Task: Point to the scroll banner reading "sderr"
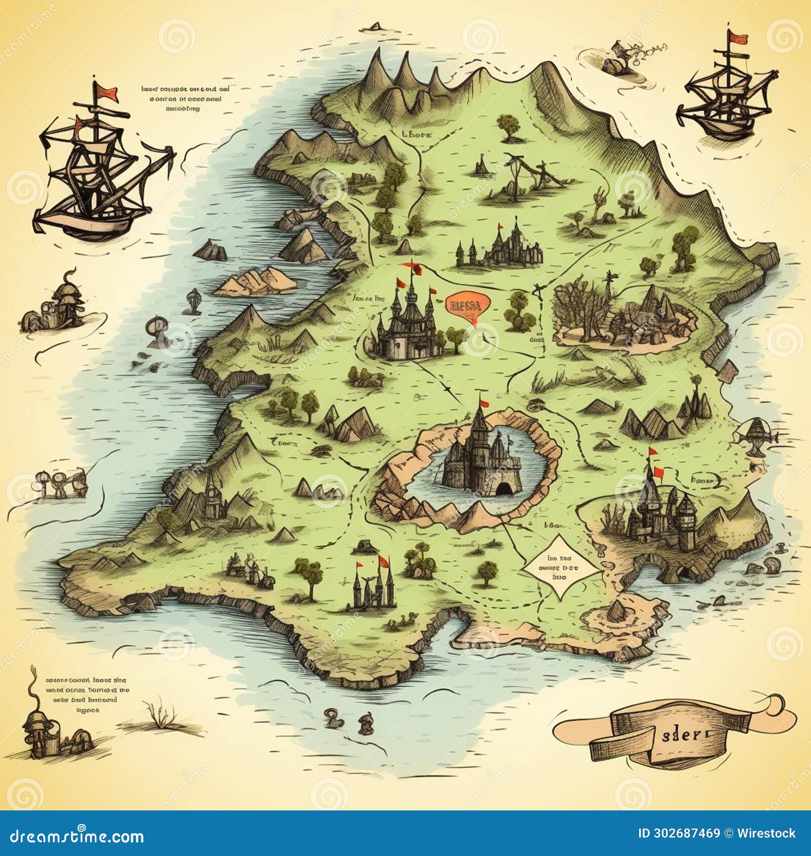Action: coord(679,735)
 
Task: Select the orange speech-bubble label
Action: coord(466,305)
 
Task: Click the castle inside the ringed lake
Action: coord(479,456)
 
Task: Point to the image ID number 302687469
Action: coord(679,834)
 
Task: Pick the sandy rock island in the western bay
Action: coord(256,281)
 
